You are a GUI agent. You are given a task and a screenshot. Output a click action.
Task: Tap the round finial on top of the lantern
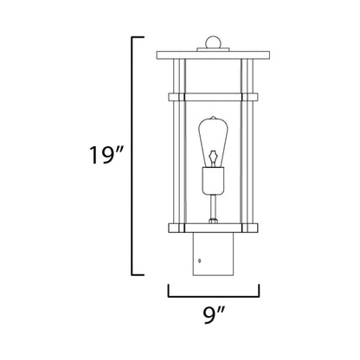click(213, 42)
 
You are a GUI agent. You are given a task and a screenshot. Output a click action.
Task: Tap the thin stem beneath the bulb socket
click(213, 208)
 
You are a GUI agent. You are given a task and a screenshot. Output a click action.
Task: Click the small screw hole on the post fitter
click(200, 260)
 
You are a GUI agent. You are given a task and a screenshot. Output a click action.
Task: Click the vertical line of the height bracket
click(131, 156)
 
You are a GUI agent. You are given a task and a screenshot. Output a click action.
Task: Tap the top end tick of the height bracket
click(138, 37)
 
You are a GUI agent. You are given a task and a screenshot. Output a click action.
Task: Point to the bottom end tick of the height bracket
click(138, 274)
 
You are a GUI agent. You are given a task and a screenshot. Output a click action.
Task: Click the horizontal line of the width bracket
click(213, 295)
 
